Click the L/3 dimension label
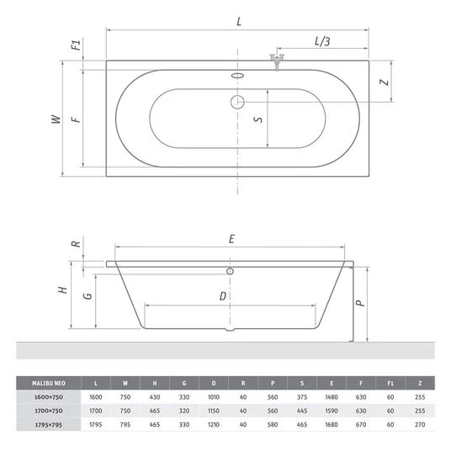(x=322, y=41)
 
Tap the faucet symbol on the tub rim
(x=277, y=61)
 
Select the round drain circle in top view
(x=237, y=102)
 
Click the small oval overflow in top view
(x=237, y=76)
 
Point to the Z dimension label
(x=385, y=82)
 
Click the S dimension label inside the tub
(x=258, y=119)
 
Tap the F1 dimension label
(x=77, y=45)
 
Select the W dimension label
(x=56, y=119)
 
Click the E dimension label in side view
(x=231, y=239)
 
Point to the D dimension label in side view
(x=223, y=296)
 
